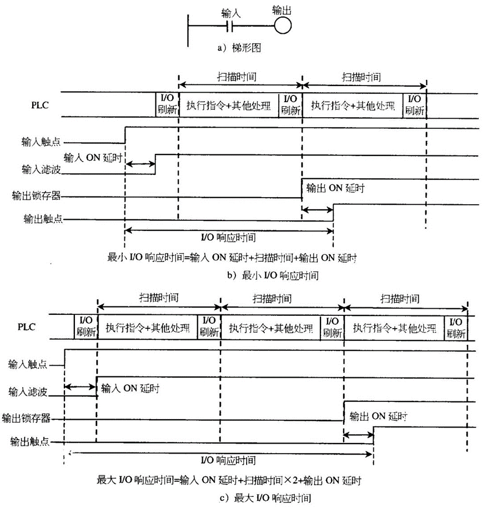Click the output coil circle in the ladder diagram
pos(283,26)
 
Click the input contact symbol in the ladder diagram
pos(230,26)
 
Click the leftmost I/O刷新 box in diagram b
pos(167,104)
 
